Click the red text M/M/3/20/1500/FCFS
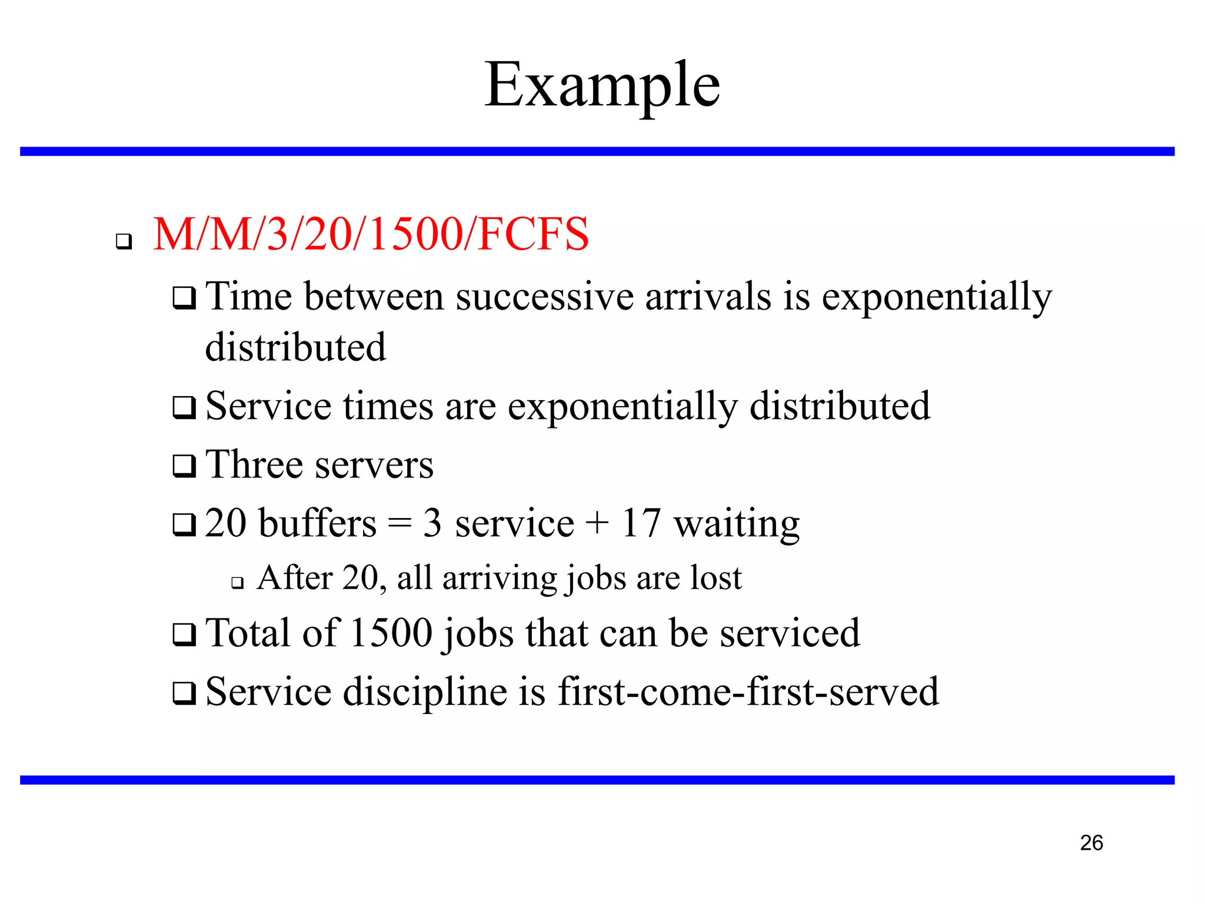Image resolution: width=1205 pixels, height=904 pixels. pyautogui.click(x=371, y=234)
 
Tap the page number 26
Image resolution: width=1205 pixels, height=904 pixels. pyautogui.click(x=1091, y=843)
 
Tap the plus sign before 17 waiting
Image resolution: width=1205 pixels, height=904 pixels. pyautogui.click(x=597, y=523)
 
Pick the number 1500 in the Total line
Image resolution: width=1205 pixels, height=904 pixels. pyautogui.click(x=391, y=633)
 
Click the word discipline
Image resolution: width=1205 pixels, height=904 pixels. pyautogui.click(x=425, y=692)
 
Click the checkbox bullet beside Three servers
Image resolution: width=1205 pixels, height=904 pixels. pyautogui.click(x=184, y=466)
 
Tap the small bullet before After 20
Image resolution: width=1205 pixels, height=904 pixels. pyautogui.click(x=237, y=583)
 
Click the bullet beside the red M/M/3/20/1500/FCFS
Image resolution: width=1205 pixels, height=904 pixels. pyautogui.click(x=124, y=241)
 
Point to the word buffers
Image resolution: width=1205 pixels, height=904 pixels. pyautogui.click(x=317, y=523)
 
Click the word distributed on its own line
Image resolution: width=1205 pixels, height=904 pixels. pyautogui.click(x=295, y=347)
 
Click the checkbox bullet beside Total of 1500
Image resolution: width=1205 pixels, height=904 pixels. pyautogui.click(x=184, y=634)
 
